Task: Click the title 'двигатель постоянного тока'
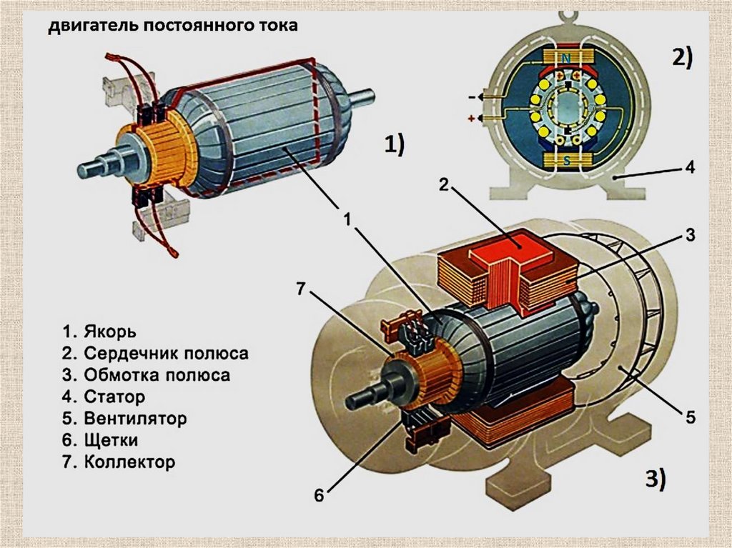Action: point(173,25)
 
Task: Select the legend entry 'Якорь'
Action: point(110,332)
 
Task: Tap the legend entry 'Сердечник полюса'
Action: point(166,354)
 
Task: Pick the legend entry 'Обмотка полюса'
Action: point(157,375)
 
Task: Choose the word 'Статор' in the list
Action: point(114,397)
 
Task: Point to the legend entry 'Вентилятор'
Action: point(135,418)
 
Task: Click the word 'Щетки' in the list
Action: point(111,440)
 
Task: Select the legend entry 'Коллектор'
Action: point(130,462)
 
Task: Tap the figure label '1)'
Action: point(395,144)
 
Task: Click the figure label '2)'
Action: point(683,58)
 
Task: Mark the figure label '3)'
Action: point(656,479)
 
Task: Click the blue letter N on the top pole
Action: point(566,59)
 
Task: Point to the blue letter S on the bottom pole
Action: point(566,161)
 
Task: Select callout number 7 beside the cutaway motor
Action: point(301,289)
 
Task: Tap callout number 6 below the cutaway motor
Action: point(319,495)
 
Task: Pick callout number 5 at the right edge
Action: point(691,417)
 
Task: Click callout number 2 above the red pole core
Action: point(443,185)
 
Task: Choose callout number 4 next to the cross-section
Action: point(691,166)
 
